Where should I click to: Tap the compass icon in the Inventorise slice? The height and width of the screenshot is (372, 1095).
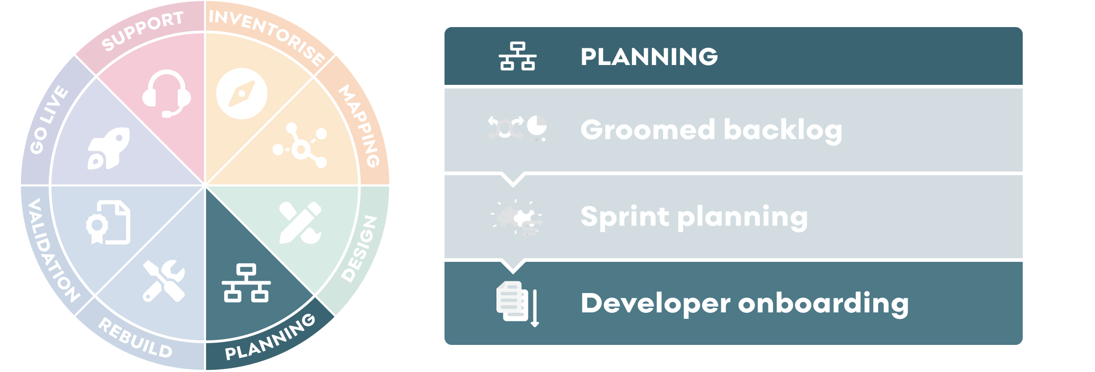pos(242,93)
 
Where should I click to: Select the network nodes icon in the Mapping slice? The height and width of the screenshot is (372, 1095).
pos(300,145)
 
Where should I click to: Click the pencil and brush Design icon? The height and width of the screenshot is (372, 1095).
pos(300,223)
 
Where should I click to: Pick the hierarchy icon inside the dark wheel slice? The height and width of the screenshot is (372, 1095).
pos(246,283)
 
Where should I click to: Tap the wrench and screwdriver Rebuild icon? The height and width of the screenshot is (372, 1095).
pos(164,280)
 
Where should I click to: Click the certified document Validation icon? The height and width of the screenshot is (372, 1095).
pos(108,222)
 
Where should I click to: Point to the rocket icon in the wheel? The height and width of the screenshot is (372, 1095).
pos(108,148)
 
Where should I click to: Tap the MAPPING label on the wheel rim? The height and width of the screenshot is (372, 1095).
pos(360,126)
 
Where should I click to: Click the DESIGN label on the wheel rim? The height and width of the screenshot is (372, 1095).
pos(359,249)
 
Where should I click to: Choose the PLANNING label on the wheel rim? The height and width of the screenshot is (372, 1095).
pos(270,337)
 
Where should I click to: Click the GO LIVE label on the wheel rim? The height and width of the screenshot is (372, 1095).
pos(49,120)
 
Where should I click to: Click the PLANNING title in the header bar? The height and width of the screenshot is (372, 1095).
pos(649,57)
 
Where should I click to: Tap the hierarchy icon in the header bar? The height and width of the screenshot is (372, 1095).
pos(517,56)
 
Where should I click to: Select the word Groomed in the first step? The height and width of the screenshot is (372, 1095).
pos(648,130)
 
